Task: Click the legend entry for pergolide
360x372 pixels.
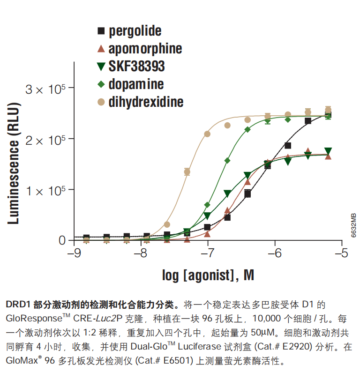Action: [x=135, y=31]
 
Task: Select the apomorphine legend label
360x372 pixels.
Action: [x=145, y=49]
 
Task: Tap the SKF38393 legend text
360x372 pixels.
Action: [x=136, y=66]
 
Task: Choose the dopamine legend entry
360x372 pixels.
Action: [x=136, y=84]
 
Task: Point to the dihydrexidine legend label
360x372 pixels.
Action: [x=146, y=102]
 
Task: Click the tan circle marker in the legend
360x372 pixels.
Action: [x=101, y=102]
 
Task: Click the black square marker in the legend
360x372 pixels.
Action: [x=101, y=31]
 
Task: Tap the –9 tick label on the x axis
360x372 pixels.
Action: [x=74, y=253]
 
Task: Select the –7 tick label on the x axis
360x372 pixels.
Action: [x=208, y=253]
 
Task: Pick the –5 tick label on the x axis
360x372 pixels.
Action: [x=342, y=253]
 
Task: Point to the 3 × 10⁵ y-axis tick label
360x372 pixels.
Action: [x=45, y=89]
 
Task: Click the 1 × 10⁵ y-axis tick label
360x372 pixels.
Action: [x=45, y=191]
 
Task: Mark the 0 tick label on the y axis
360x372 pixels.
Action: [x=62, y=240]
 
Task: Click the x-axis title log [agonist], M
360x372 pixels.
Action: [x=208, y=275]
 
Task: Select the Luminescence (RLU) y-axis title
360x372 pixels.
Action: [x=13, y=163]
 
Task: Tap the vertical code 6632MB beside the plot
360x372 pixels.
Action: [x=353, y=225]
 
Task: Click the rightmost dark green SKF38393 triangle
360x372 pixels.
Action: [x=328, y=151]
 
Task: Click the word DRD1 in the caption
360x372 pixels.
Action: [x=18, y=305]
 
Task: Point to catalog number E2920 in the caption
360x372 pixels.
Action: [x=297, y=347]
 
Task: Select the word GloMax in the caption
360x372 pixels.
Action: [x=22, y=361]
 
